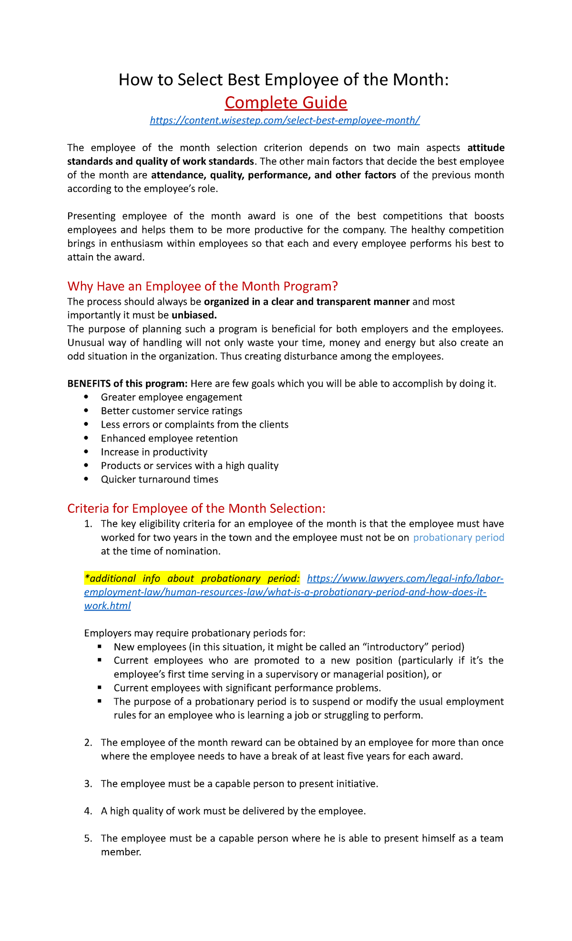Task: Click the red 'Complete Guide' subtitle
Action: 286,102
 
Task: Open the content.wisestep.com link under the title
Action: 285,120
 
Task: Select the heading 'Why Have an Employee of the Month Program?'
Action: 203,286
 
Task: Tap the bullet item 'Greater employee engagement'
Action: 172,397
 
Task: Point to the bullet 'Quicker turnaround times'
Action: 160,480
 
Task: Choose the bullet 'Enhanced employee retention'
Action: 169,439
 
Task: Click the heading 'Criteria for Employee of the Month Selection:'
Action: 196,509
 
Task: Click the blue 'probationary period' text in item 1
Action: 459,538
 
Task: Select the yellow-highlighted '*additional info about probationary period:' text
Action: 192,579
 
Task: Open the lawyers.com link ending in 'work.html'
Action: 107,606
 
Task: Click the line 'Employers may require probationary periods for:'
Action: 194,633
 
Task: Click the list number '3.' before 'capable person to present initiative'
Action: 88,784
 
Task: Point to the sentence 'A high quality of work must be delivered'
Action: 233,811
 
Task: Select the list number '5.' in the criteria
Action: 88,839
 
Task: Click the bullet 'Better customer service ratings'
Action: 172,411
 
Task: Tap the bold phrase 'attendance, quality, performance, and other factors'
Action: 274,175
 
